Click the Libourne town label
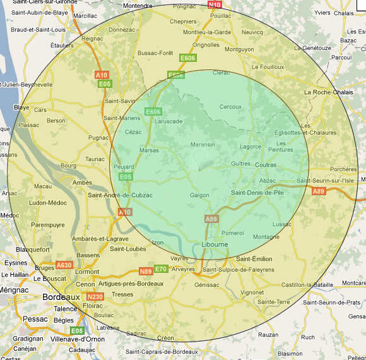pyautogui.click(x=215, y=244)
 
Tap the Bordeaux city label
pyautogui.click(x=61, y=296)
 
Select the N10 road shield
pyautogui.click(x=215, y=4)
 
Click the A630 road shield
pyautogui.click(x=64, y=265)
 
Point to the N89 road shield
pyautogui.click(x=146, y=271)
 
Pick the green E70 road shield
pyautogui.click(x=161, y=269)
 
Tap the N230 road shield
pyautogui.click(x=95, y=296)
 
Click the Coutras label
pyautogui.click(x=266, y=165)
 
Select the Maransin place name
pyautogui.click(x=203, y=145)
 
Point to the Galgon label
pyautogui.click(x=199, y=195)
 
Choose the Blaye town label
pyautogui.click(x=21, y=107)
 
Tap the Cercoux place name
pyautogui.click(x=230, y=107)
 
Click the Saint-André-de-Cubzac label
pyautogui.click(x=120, y=195)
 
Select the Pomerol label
pyautogui.click(x=233, y=233)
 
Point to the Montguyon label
pyautogui.click(x=239, y=49)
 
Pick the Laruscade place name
pyautogui.click(x=168, y=121)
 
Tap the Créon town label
pyautogui.click(x=165, y=338)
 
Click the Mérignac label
pyautogui.click(x=15, y=289)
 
